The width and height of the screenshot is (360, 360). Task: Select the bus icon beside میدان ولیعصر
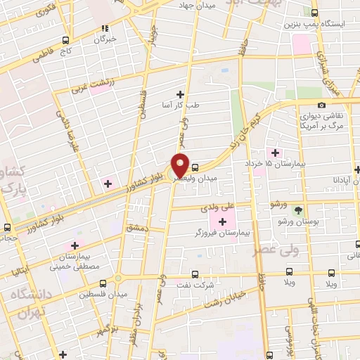195,167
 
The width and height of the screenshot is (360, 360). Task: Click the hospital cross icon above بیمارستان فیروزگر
223,222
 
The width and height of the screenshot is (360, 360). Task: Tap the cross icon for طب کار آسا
181,94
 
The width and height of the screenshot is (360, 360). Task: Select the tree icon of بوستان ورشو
298,210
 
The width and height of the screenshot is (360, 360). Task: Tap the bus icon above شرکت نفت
195,276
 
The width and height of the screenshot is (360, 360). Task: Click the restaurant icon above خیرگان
104,29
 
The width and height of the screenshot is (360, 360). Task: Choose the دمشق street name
136,229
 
